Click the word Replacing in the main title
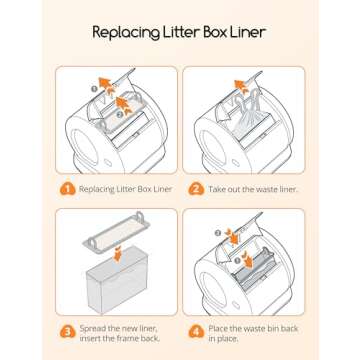coord(123,33)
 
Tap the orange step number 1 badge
coord(67,189)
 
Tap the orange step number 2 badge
coord(196,189)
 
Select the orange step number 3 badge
coord(67,332)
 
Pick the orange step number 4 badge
coord(196,332)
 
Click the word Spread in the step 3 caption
coord(91,329)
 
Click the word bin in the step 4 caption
coord(271,328)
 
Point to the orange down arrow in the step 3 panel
coord(117,256)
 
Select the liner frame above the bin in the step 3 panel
coord(116,230)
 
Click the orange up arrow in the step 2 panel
coord(240,86)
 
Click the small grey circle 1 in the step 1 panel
coord(94,89)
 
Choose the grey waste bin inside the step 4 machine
coord(253,269)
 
